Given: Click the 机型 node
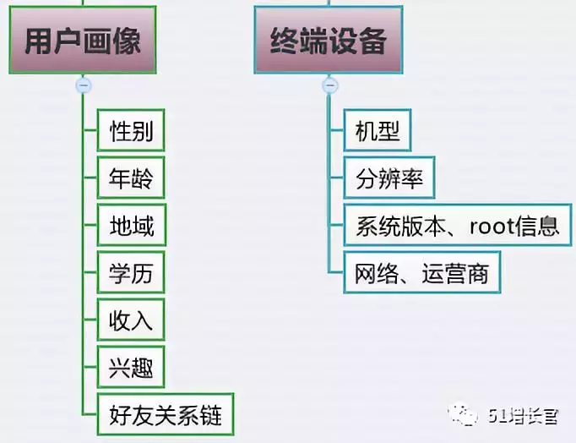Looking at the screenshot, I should (x=378, y=131).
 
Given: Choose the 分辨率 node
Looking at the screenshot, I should (x=389, y=178).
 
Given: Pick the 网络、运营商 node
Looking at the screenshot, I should (x=421, y=273).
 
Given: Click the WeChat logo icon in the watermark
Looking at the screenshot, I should (x=465, y=414).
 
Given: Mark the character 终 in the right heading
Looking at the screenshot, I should (x=285, y=41).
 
